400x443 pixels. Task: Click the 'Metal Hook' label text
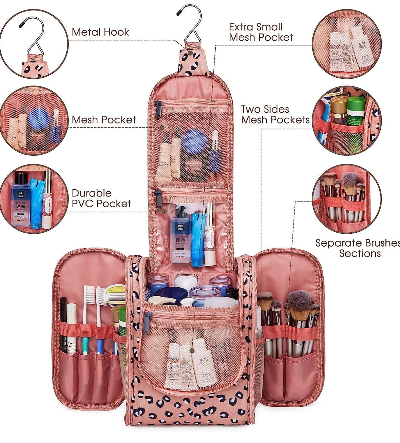100,32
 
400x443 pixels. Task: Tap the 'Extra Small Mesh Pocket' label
261,32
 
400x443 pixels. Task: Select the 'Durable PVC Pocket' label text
101,198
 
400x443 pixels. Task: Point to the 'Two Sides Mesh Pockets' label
275,114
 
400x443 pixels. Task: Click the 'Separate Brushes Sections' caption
358,248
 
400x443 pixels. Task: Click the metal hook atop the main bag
190,24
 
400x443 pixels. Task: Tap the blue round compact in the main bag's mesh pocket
194,141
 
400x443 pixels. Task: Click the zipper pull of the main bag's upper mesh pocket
158,110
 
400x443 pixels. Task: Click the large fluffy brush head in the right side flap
299,303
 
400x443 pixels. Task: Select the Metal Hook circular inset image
34,44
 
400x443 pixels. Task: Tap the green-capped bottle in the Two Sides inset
356,112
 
